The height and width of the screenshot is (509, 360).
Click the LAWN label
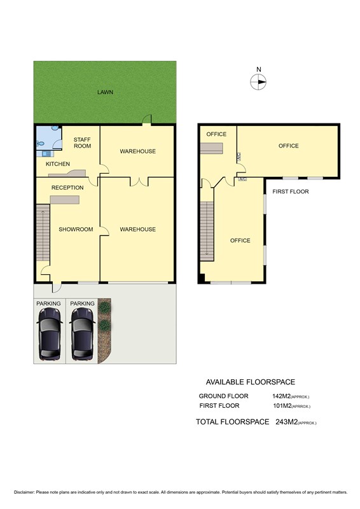105,92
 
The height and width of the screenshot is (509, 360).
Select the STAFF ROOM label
82,143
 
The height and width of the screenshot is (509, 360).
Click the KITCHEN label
58,164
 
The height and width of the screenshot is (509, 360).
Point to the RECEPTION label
67,188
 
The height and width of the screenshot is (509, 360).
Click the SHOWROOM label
76,229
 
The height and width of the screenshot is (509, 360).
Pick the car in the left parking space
50,334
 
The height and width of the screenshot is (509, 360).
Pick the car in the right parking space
83,334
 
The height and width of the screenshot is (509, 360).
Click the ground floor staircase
43,232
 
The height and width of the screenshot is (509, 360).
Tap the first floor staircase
207,231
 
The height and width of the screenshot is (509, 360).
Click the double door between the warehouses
139,181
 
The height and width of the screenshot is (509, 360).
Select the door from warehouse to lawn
147,120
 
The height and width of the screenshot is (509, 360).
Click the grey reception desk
65,200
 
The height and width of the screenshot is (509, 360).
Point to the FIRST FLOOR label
291,192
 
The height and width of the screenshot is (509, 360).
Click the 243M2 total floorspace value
287,422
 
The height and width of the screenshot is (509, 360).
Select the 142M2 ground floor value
281,396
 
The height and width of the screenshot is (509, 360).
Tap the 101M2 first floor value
282,405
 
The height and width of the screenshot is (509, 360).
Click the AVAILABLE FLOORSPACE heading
250,382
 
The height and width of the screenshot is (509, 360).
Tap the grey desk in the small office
211,148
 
